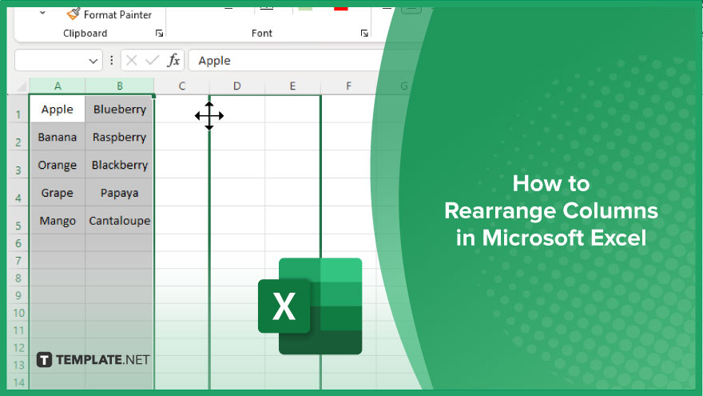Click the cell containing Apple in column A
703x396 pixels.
(58, 109)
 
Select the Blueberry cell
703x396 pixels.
(119, 109)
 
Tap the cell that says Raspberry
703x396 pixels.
(119, 137)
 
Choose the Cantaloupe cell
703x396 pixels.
(119, 221)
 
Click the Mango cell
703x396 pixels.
(58, 221)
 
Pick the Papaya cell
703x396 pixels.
(119, 193)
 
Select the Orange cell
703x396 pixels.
(58, 165)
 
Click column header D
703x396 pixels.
(236, 86)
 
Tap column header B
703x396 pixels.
(120, 86)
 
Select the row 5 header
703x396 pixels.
(18, 225)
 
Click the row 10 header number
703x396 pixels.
(18, 313)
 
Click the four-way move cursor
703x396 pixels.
(209, 116)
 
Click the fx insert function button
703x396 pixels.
(173, 60)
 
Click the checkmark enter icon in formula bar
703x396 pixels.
(153, 60)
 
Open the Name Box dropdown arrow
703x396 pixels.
(93, 61)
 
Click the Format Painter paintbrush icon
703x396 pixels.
(73, 14)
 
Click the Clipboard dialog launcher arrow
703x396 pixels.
(159, 34)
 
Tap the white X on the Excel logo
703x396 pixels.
(284, 306)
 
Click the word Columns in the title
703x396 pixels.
(610, 210)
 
